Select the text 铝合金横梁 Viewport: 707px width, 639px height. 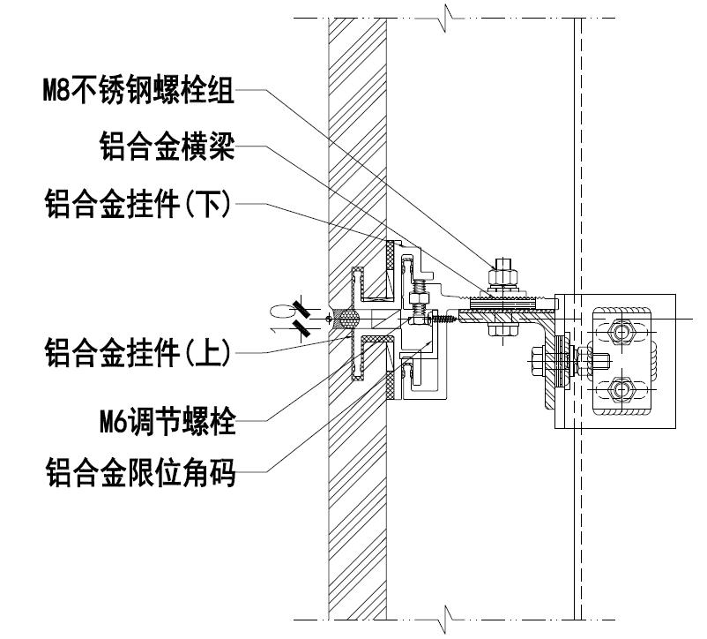[x=167, y=148]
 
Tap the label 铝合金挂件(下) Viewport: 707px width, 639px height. [x=138, y=206]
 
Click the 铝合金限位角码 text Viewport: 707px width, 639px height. [x=139, y=476]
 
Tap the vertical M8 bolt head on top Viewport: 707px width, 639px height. [x=502, y=263]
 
